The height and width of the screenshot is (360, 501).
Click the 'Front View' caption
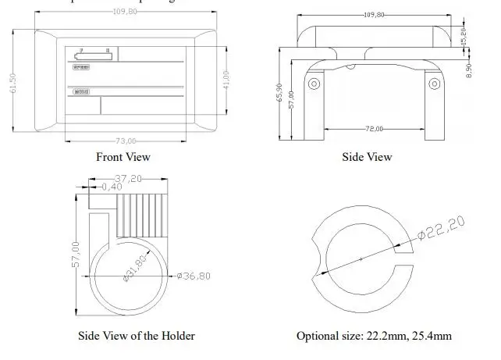(x=123, y=157)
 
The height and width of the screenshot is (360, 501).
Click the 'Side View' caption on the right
(x=367, y=157)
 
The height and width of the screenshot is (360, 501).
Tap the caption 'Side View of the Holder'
(x=137, y=336)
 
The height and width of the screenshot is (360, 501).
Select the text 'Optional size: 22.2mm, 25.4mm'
(x=373, y=336)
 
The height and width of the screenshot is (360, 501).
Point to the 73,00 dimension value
(x=126, y=141)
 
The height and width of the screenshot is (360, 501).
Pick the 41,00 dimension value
(x=226, y=80)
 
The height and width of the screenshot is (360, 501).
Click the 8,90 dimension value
(x=468, y=69)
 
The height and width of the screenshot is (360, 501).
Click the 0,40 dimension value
(x=112, y=186)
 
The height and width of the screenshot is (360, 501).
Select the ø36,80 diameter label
(x=194, y=275)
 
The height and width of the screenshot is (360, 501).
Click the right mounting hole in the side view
(x=433, y=84)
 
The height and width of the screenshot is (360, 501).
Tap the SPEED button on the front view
(x=80, y=68)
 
